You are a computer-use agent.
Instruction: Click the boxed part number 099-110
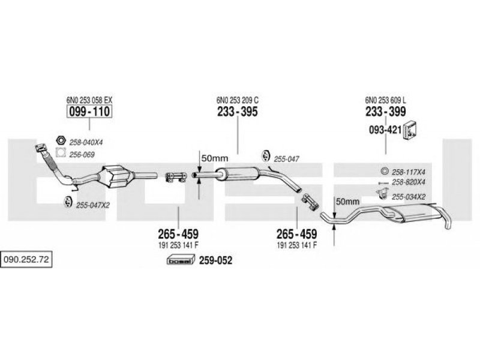pyautogui.click(x=89, y=112)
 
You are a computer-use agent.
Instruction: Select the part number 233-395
pyautogui.click(x=238, y=112)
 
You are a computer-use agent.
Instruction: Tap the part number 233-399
pyautogui.click(x=385, y=112)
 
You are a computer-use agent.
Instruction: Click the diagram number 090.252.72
pyautogui.click(x=26, y=260)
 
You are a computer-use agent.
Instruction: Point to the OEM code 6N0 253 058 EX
pyautogui.click(x=89, y=100)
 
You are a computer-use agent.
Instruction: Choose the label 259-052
pyautogui.click(x=215, y=260)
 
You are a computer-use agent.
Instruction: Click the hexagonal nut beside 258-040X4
pyautogui.click(x=61, y=140)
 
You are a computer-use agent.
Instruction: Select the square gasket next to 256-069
pyautogui.click(x=61, y=152)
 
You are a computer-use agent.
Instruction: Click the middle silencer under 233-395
pyautogui.click(x=237, y=174)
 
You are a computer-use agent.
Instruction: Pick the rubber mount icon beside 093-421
pyautogui.click(x=410, y=130)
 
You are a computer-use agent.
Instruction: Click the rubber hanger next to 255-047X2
pyautogui.click(x=68, y=202)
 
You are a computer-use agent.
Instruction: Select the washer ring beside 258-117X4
pyautogui.click(x=384, y=171)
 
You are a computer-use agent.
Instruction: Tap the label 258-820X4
pyautogui.click(x=409, y=182)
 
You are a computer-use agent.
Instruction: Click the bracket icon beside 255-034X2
pyautogui.click(x=382, y=193)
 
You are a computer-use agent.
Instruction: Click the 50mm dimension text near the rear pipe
pyautogui.click(x=348, y=202)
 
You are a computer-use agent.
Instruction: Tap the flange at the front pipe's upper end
pyautogui.click(x=40, y=148)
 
